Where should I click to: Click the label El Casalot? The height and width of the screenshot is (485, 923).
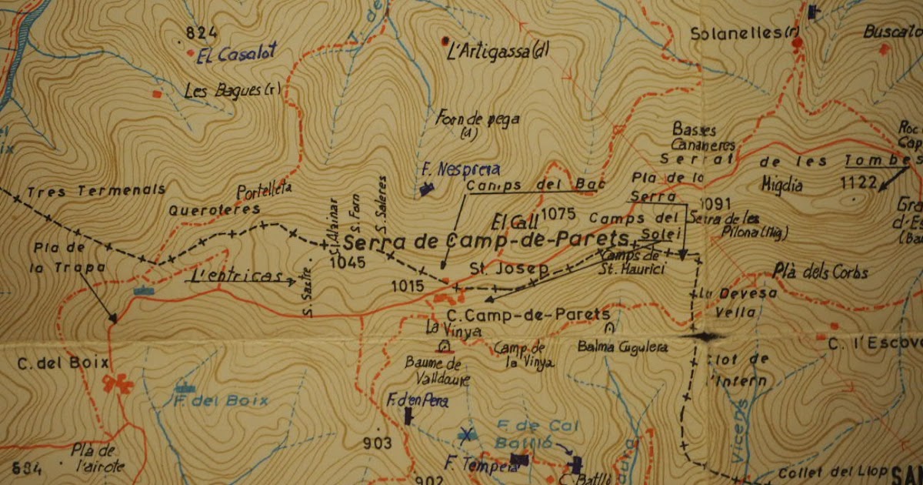(236, 55)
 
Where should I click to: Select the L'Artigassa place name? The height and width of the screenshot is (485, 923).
(499, 52)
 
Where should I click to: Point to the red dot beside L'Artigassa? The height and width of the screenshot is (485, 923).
(445, 40)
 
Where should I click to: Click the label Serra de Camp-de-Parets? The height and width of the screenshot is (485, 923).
(485, 241)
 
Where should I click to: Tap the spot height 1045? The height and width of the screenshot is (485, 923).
(346, 262)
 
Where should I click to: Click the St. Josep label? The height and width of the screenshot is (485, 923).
(508, 270)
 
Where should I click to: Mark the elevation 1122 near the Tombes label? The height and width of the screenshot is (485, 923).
(858, 182)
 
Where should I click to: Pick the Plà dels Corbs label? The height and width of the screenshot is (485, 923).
(821, 273)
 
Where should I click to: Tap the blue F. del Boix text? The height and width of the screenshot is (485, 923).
(221, 400)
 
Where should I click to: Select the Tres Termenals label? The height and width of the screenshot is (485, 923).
(95, 190)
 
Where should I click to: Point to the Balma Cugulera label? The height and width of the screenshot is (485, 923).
(623, 347)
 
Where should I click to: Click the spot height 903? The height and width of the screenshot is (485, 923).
(378, 443)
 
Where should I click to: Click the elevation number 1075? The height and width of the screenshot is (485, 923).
(558, 213)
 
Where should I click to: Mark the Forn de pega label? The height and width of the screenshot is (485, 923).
(477, 119)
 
